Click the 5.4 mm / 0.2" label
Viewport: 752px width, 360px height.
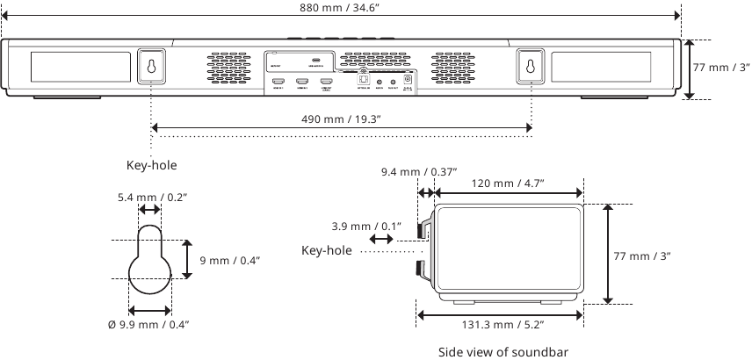click(x=150, y=198)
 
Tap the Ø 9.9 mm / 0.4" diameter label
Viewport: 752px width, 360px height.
click(x=148, y=325)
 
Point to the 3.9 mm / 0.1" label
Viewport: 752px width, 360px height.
click(x=365, y=227)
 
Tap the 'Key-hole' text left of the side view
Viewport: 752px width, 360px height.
click(x=327, y=251)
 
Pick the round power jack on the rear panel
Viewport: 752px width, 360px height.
click(x=409, y=79)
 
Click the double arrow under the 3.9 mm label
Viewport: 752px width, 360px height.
click(x=382, y=239)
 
